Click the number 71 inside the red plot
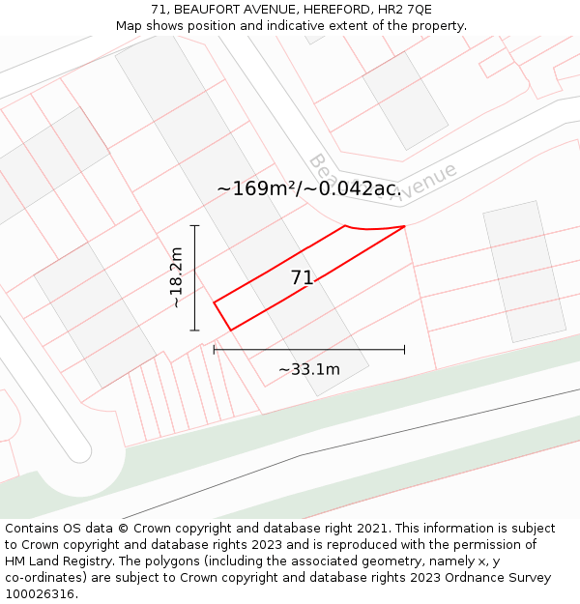pyautogui.click(x=302, y=278)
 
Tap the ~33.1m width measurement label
pyautogui.click(x=309, y=369)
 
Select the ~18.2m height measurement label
pyautogui.click(x=176, y=277)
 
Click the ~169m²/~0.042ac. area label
pyautogui.click(x=307, y=188)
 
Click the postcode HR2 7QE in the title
pyautogui.click(x=405, y=10)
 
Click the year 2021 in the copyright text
pyautogui.click(x=371, y=529)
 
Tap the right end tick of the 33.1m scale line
pyautogui.click(x=404, y=350)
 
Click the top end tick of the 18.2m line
pyautogui.click(x=194, y=225)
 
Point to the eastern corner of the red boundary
pyautogui.click(x=404, y=226)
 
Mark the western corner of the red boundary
pyautogui.click(x=214, y=302)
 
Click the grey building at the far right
pyautogui.click(x=524, y=272)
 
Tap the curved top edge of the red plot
pyautogui.click(x=375, y=230)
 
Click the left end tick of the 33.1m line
pyautogui.click(x=214, y=350)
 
